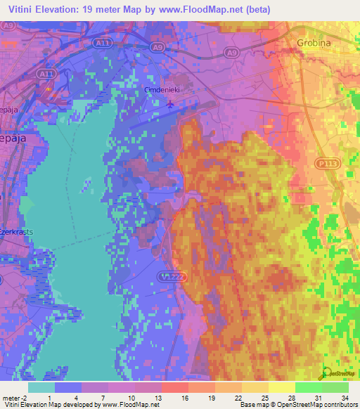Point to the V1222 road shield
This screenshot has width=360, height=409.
169,276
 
